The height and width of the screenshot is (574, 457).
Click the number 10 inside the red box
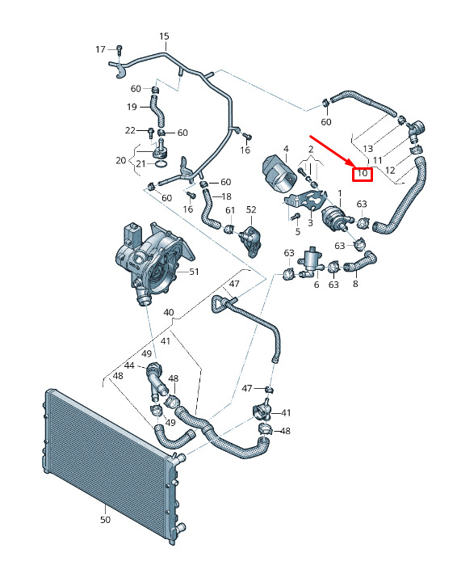(x=363, y=173)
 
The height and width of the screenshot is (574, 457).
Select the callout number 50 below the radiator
(x=105, y=520)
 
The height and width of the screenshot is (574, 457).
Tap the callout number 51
(x=194, y=272)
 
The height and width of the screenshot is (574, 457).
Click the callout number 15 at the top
(x=164, y=36)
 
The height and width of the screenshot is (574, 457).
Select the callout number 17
(x=101, y=49)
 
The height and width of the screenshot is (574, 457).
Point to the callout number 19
(x=132, y=107)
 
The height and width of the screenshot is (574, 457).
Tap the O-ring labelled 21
(x=162, y=163)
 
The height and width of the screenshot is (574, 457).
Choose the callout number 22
(x=130, y=130)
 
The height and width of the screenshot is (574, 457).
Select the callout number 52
(x=251, y=209)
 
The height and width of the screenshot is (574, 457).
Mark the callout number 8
(x=355, y=284)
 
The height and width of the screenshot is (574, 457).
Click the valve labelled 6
(x=310, y=264)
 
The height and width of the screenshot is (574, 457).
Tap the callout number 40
(x=169, y=313)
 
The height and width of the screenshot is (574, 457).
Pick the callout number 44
(x=129, y=365)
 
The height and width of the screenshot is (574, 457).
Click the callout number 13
(x=368, y=149)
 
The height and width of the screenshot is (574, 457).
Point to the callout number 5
(x=298, y=231)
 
